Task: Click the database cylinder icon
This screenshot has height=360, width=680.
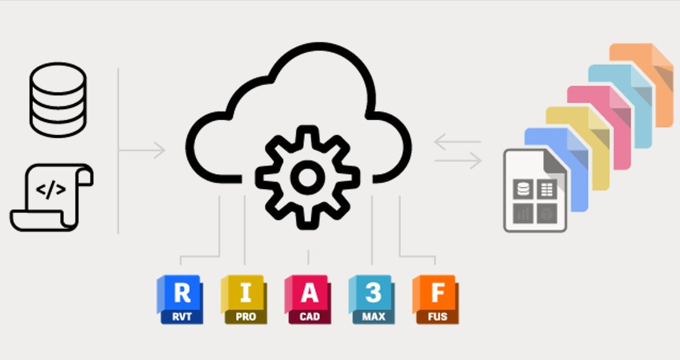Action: (58, 100)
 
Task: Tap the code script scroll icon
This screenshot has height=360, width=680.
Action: (52, 197)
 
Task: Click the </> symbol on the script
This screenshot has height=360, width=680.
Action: (51, 190)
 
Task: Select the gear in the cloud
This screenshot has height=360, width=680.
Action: (308, 176)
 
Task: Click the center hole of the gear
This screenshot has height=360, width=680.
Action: (308, 177)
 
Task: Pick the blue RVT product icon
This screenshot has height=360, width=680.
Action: (181, 300)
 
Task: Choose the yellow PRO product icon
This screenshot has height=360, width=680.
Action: (244, 300)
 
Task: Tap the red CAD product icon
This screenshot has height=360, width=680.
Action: (308, 300)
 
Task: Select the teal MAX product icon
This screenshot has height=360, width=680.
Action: (372, 300)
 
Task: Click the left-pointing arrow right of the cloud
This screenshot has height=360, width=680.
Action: (457, 141)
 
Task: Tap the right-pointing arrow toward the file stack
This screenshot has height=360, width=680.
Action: (457, 160)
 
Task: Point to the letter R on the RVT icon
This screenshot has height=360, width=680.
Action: (182, 293)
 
